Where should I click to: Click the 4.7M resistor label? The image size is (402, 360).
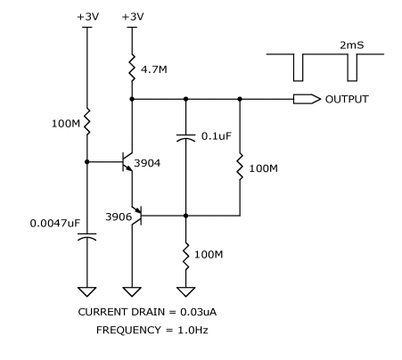coord(154,70)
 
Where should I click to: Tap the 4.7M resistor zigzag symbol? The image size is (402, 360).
coord(132,68)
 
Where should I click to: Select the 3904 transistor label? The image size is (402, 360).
coord(147,163)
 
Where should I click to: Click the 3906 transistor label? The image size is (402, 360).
coord(119,217)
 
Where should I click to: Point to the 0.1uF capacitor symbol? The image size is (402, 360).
coord(186,137)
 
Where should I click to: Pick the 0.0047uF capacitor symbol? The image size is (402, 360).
coord(87,236)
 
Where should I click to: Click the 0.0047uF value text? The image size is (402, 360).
coord(55,223)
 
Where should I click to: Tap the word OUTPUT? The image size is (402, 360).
coord(347,99)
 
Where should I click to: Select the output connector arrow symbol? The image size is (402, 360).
coord(307,99)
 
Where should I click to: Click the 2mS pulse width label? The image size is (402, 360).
coord(352,45)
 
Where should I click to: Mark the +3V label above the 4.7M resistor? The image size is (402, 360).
coord(133,17)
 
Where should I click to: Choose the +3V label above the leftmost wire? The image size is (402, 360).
coord(87,17)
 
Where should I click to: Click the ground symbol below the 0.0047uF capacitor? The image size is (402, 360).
coord(87,291)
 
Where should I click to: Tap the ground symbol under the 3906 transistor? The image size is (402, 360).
coord(132,291)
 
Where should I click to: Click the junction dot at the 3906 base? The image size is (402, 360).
coord(186,216)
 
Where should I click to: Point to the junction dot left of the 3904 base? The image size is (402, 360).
coord(87,162)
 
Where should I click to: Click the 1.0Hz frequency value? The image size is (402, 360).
coord(193,330)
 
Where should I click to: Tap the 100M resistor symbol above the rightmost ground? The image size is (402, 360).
coord(186,257)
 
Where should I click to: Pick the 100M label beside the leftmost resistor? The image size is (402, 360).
coord(66,124)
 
